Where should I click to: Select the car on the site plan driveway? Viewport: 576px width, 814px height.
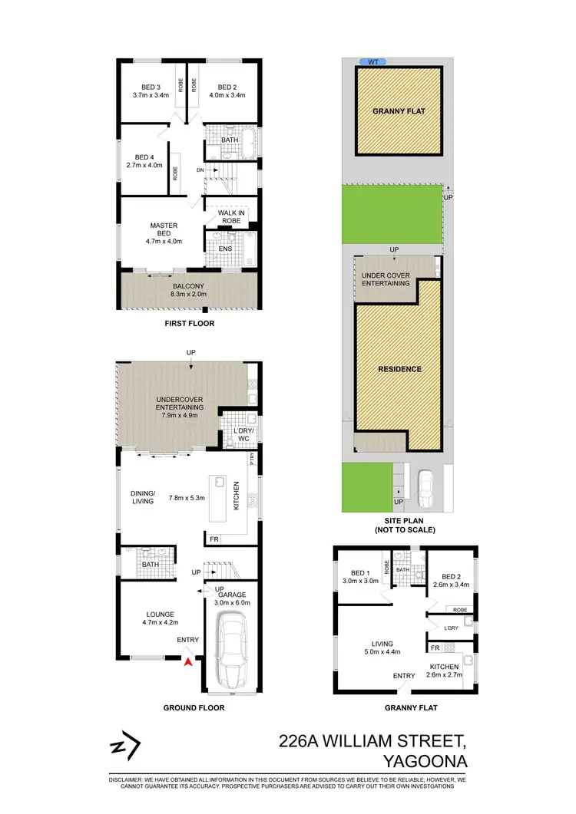coord(425,486)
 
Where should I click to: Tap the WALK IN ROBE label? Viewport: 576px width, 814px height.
coord(230,217)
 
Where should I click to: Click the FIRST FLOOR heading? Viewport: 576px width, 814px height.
coord(190,324)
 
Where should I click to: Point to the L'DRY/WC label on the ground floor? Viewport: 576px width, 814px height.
coord(243,434)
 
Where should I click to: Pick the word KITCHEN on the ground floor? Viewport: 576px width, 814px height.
coord(237,496)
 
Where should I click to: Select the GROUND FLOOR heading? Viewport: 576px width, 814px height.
coord(194,707)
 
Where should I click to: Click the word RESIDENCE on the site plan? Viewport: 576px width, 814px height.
coord(399,369)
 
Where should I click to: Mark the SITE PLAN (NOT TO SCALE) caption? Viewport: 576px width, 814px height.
coord(404,525)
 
